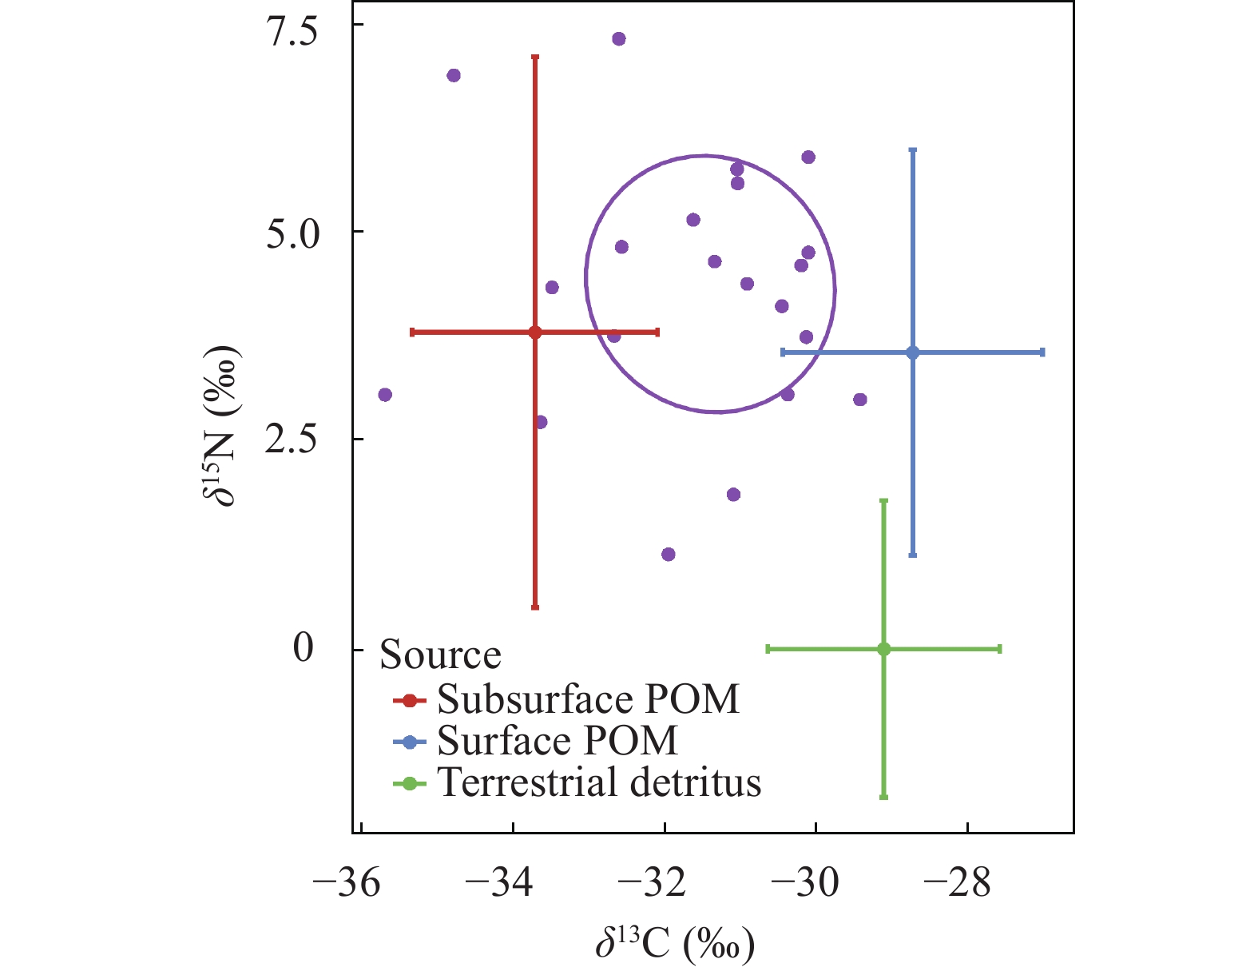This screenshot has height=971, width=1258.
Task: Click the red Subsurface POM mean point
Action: [535, 332]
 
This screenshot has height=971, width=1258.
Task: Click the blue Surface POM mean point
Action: [913, 352]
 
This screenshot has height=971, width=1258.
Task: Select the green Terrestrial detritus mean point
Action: [883, 649]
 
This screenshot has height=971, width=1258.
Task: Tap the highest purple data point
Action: [618, 39]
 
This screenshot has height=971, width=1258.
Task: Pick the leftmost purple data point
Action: [385, 395]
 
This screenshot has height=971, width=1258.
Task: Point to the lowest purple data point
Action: [669, 555]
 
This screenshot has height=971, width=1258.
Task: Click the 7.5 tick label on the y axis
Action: [292, 32]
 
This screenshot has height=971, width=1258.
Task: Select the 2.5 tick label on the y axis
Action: [292, 440]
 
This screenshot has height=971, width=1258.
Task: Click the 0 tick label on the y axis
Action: [304, 647]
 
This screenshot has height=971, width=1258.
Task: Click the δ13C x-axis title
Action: [675, 943]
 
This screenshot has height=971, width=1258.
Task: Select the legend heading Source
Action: [440, 655]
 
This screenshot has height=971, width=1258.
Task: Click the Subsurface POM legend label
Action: [588, 699]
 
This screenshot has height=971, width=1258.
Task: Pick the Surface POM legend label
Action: [558, 741]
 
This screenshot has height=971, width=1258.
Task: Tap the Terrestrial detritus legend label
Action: [599, 782]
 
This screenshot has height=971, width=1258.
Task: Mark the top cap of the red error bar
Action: [535, 57]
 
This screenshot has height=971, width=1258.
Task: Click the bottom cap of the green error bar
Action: [883, 797]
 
